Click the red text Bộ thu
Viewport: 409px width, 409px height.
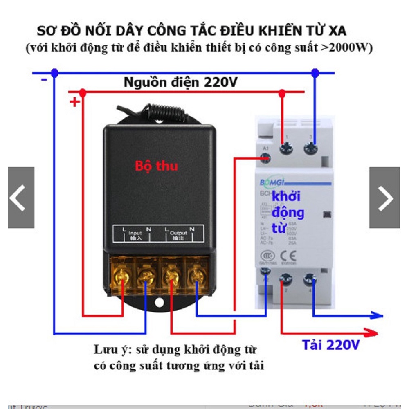(157, 166)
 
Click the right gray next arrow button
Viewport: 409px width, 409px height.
(384, 198)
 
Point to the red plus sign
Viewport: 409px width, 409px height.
(74, 102)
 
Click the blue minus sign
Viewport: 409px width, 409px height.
(44, 79)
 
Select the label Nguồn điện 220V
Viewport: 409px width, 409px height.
(180, 83)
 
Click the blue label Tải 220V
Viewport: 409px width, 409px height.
(331, 345)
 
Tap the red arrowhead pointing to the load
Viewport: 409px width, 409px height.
(373, 332)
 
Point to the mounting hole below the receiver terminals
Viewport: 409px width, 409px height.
(159, 303)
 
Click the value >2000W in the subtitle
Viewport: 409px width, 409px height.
(346, 48)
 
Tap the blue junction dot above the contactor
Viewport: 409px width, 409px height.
(315, 73)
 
